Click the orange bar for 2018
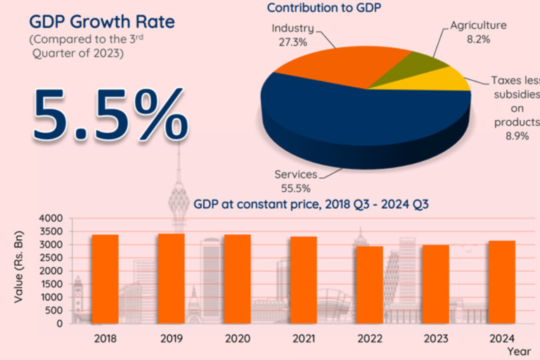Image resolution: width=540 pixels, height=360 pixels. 105,279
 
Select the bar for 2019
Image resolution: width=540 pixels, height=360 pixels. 171,278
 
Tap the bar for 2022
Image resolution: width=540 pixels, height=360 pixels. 369,285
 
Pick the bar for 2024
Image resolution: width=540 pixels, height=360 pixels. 502,282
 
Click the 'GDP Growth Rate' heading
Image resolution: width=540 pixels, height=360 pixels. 101,21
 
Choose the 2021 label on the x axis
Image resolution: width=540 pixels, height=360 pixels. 303,337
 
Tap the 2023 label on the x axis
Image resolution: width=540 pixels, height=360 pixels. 436,337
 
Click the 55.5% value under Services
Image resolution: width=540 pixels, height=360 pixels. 295,188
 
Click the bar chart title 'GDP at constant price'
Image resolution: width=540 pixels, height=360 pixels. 311,205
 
